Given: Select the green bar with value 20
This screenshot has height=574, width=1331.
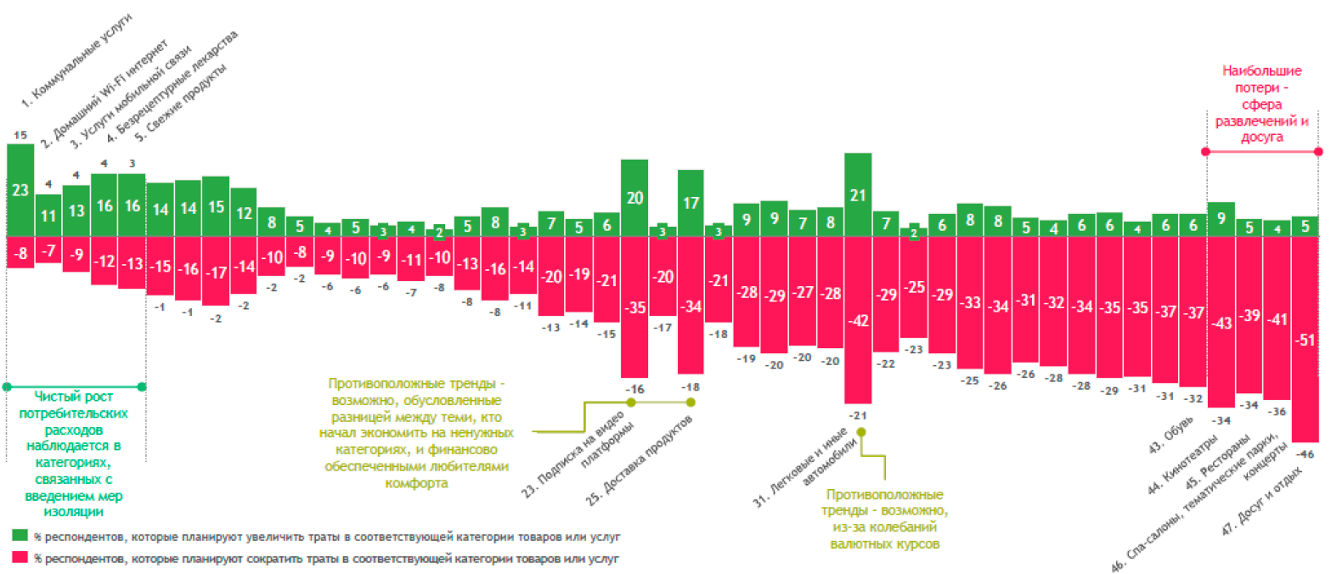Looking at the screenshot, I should tap(634, 198).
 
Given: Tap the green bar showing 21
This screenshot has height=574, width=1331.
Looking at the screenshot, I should tap(858, 195).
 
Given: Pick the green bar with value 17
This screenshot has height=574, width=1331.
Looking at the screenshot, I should tap(691, 203).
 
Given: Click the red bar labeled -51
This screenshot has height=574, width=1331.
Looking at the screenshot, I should tap(1305, 340).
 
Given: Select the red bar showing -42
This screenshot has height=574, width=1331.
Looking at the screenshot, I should tap(858, 320).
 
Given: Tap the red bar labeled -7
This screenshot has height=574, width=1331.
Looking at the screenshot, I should tap(48, 250).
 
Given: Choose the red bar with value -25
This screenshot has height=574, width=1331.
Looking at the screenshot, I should tap(914, 288).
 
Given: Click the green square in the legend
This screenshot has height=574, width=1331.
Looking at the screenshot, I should tap(19, 536).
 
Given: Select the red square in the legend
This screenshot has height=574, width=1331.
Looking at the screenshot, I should tap(19, 559).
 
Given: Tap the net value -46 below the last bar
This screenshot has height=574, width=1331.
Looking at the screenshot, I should tap(1305, 455).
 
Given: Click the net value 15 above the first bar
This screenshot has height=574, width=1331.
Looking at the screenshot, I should tap(20, 134).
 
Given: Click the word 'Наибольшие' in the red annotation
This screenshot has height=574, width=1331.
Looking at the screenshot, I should tap(1261, 72).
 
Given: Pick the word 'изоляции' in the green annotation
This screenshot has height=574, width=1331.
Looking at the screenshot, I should tap(75, 512).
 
